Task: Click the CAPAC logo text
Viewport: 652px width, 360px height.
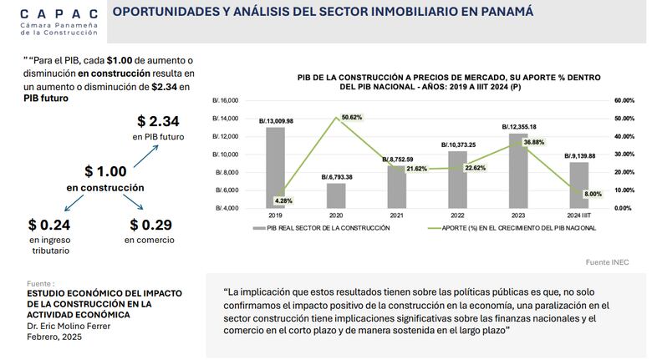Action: (x=58, y=13)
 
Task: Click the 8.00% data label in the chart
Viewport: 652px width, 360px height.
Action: (x=591, y=194)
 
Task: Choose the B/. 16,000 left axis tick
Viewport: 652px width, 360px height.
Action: (x=225, y=100)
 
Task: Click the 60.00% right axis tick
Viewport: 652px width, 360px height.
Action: (x=624, y=100)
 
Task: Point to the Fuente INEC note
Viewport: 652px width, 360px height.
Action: (x=608, y=262)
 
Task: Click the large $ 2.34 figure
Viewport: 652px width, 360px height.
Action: (x=158, y=122)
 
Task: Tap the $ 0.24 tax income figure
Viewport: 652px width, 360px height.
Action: (x=48, y=225)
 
